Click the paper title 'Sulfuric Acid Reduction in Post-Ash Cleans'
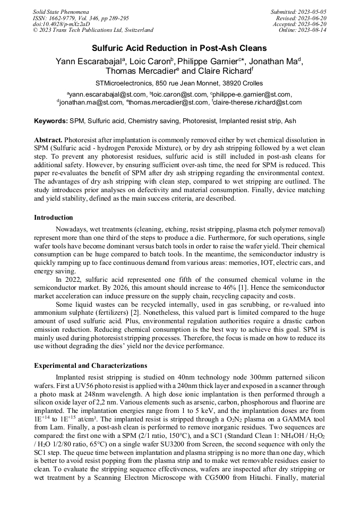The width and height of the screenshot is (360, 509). coord(179,47)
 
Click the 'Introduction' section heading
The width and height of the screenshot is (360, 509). coord(54,218)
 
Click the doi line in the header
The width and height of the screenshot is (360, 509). coord(61,24)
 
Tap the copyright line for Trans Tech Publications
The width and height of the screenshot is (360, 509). coord(93,30)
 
